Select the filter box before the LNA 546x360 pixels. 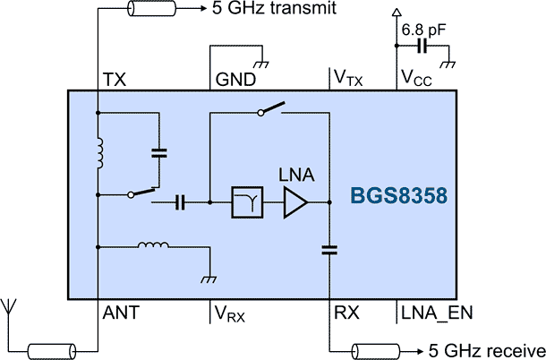coord(245,203)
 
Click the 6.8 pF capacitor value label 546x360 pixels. coord(423,30)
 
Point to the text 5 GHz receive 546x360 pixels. coord(485,348)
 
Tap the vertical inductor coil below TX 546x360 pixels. coord(99,153)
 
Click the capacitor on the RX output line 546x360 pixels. coord(329,251)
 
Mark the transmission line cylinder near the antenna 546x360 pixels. coord(53,348)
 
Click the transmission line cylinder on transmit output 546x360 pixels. coord(151,11)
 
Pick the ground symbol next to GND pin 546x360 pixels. coord(262,64)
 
